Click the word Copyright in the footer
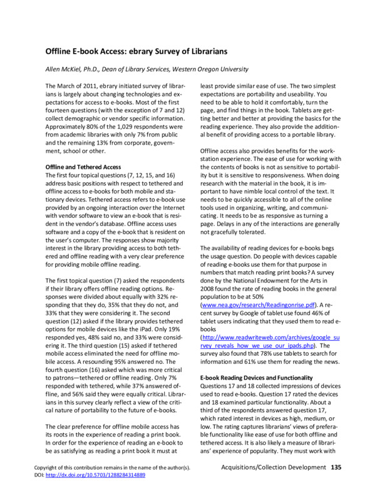coord(48,485)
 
